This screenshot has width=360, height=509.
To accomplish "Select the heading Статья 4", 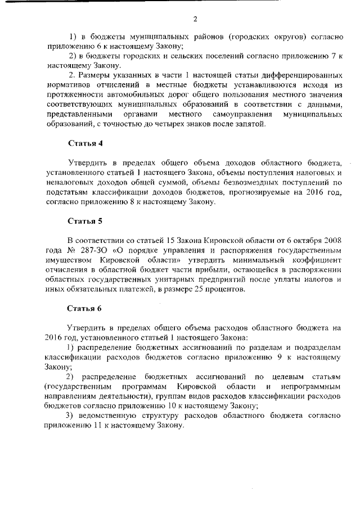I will [x=85, y=143].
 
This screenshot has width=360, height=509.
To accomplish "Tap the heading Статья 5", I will [x=85, y=221].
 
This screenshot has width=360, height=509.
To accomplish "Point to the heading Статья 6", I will [x=85, y=308].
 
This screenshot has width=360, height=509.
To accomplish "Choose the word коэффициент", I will [x=318, y=260].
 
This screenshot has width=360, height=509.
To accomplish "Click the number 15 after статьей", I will [x=153, y=241].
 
